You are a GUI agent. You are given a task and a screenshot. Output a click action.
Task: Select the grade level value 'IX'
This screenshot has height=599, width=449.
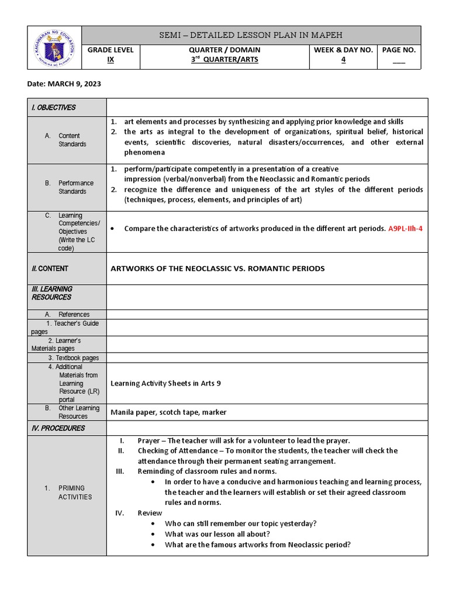(110, 60)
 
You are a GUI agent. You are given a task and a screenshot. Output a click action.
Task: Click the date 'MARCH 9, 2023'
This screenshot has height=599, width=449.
(64, 84)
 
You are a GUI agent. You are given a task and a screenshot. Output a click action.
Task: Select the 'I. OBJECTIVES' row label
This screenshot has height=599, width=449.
(54, 108)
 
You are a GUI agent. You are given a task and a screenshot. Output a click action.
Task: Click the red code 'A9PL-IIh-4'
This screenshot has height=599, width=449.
(405, 229)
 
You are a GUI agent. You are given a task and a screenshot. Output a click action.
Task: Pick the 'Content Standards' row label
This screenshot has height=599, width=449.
(72, 140)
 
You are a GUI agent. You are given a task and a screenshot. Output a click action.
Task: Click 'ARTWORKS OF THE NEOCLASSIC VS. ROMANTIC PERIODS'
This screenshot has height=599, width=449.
(217, 268)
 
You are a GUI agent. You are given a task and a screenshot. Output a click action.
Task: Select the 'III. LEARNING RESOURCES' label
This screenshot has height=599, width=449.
(52, 293)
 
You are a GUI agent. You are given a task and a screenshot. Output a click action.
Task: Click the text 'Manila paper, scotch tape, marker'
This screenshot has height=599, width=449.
(168, 412)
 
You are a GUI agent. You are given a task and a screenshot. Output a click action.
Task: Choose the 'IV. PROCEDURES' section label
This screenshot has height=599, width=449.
(58, 428)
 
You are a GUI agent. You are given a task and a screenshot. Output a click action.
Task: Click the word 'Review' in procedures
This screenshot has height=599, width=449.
(150, 513)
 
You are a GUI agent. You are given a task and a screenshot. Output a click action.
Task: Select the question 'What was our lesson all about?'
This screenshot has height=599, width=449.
(217, 534)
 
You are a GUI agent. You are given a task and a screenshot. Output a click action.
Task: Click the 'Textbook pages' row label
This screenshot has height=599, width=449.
(74, 358)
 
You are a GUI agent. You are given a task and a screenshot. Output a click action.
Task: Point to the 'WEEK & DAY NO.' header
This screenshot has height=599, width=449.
(343, 50)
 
